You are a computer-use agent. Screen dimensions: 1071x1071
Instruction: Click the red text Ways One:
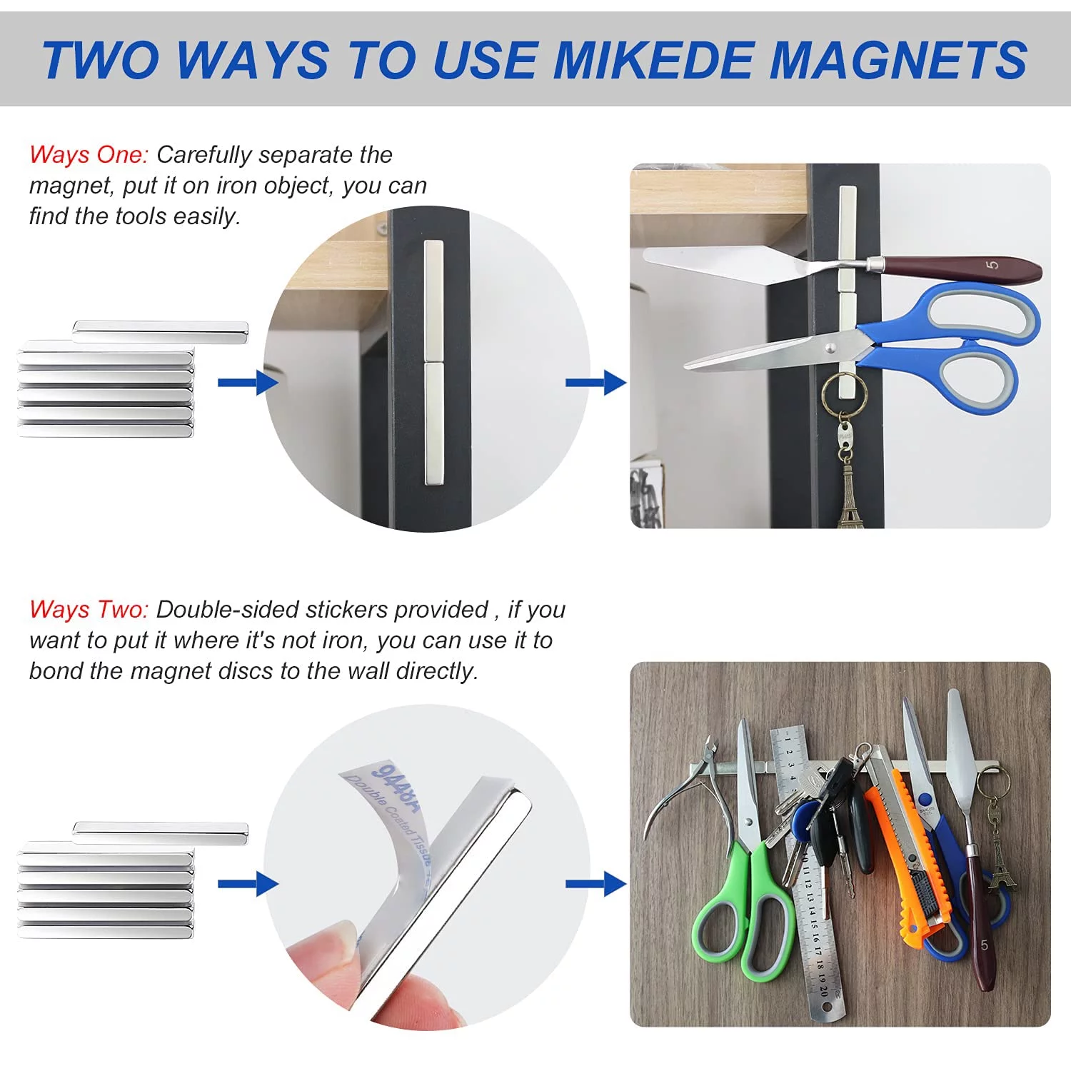click(x=89, y=155)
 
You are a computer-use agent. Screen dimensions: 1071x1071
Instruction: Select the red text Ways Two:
click(x=89, y=610)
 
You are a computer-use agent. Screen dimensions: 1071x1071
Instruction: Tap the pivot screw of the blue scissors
click(x=830, y=348)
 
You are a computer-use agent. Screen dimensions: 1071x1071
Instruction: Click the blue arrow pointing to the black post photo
click(x=595, y=383)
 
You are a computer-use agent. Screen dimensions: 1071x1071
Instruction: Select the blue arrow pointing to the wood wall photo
click(x=595, y=884)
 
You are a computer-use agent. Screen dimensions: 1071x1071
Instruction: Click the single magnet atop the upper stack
click(x=160, y=331)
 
